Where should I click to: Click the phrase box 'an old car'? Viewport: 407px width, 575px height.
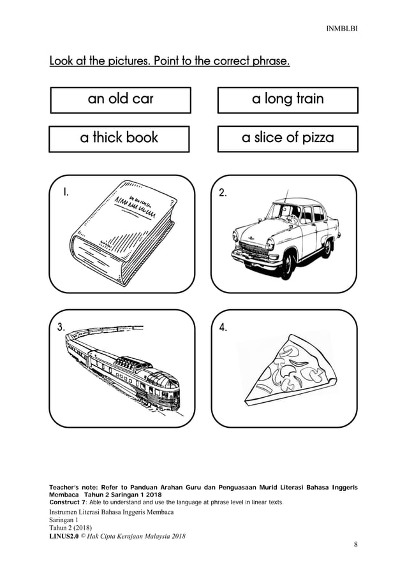coord(121,99)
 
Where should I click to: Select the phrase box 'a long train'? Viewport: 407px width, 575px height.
coord(288,99)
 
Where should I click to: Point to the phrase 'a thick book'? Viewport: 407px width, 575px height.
coord(119,138)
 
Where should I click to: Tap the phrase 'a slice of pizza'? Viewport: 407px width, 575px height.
coord(288,138)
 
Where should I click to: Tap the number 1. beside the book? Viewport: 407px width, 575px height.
coord(65,191)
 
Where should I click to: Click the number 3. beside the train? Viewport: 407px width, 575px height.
coord(61,327)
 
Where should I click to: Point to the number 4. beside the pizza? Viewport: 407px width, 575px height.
coord(223,328)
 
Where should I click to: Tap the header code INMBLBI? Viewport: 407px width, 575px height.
coord(343,29)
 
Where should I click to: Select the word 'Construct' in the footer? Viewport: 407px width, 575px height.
coord(67,502)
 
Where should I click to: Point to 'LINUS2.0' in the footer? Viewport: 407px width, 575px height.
coord(64,535)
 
